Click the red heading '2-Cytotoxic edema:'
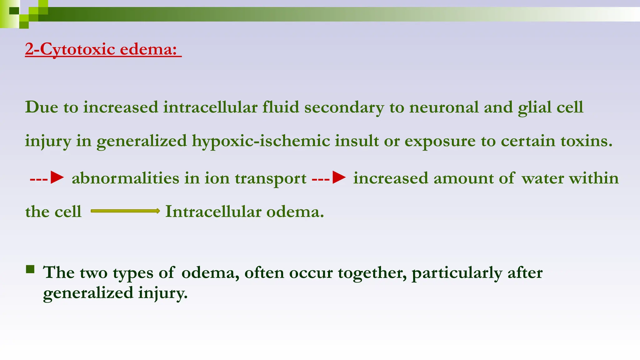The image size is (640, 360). (x=101, y=49)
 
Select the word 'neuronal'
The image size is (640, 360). (x=444, y=107)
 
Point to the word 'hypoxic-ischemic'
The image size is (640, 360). (x=261, y=141)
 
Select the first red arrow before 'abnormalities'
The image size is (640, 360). (x=47, y=178)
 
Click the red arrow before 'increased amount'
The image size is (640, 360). (x=329, y=178)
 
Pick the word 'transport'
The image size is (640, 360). (x=270, y=179)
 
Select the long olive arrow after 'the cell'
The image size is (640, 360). (x=125, y=211)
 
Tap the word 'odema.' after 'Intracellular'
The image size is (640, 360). (x=295, y=212)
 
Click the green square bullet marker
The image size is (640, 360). (x=30, y=269)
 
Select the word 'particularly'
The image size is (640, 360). (x=457, y=273)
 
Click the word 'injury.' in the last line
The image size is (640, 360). (x=163, y=293)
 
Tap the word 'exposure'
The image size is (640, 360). (x=440, y=141)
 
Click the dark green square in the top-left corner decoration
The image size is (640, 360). (x=14, y=11)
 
